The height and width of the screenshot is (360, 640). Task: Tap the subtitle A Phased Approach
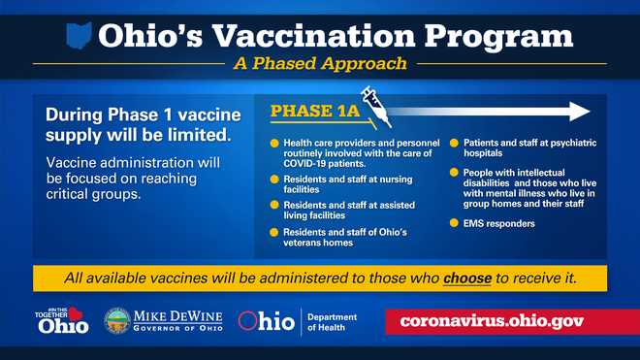319,65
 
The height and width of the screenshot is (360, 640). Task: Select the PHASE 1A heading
314,112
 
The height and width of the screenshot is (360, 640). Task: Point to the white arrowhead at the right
580,111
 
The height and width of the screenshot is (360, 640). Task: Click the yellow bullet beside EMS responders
455,224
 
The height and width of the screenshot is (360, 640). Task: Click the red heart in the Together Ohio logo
74,313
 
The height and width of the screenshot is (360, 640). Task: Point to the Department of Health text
333,322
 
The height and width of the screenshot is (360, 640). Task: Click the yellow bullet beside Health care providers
275,144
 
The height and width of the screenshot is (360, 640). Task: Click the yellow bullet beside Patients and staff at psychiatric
455,144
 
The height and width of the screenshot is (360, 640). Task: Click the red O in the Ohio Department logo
247,321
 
